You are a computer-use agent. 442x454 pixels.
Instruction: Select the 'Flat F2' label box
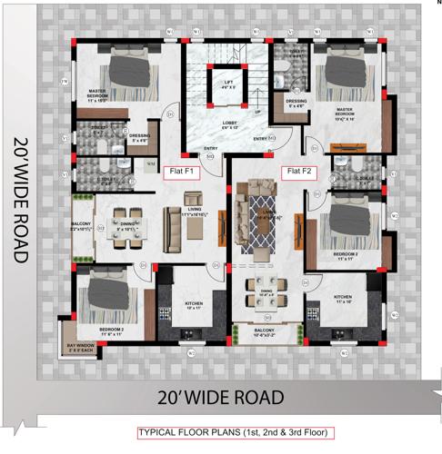tap(299, 171)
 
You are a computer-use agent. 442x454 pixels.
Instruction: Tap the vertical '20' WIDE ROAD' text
tap(21, 201)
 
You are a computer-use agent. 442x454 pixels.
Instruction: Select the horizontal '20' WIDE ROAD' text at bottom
tap(220, 397)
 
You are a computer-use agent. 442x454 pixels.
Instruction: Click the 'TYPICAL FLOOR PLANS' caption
tap(236, 432)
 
